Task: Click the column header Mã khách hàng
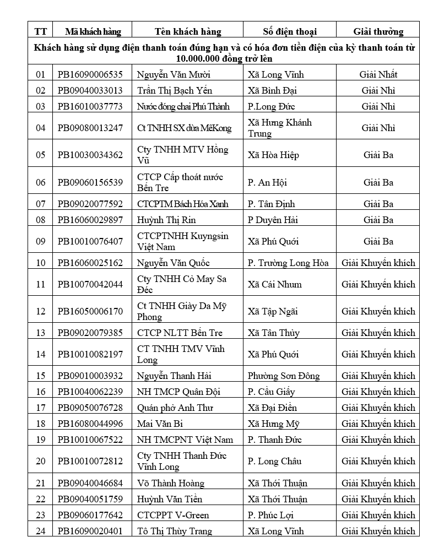tap(93, 31)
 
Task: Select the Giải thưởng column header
tap(378, 31)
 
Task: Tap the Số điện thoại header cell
tap(289, 31)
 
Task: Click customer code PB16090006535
tap(90, 74)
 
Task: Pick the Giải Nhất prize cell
tap(378, 74)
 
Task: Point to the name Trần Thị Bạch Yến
tap(174, 90)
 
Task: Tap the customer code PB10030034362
tap(90, 155)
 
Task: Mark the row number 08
tap(40, 220)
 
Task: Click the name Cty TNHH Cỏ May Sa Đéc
tap(182, 284)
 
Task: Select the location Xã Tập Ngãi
tap(273, 311)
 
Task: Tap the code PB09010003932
tap(90, 376)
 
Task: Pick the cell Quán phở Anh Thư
tap(175, 408)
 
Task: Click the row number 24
tap(40, 531)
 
